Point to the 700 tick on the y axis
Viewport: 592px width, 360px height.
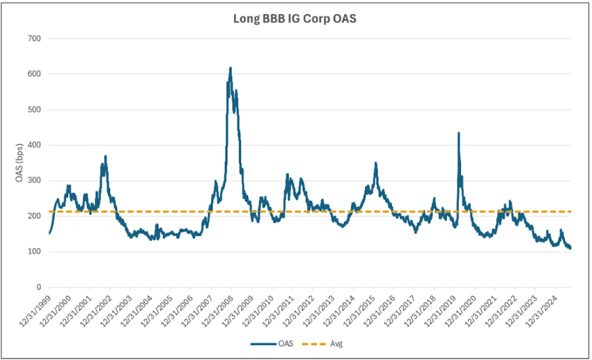click(33, 38)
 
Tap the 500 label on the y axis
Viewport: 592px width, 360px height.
click(33, 109)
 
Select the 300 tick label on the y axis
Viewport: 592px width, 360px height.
click(33, 180)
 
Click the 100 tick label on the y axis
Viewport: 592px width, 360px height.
click(33, 252)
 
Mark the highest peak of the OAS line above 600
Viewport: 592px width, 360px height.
click(231, 68)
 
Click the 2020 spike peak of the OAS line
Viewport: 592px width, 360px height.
click(458, 133)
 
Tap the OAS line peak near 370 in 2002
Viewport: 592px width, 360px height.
click(105, 156)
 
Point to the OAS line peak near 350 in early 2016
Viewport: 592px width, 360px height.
click(376, 163)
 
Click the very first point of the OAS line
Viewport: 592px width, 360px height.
click(49, 233)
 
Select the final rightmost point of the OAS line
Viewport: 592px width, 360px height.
click(570, 248)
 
